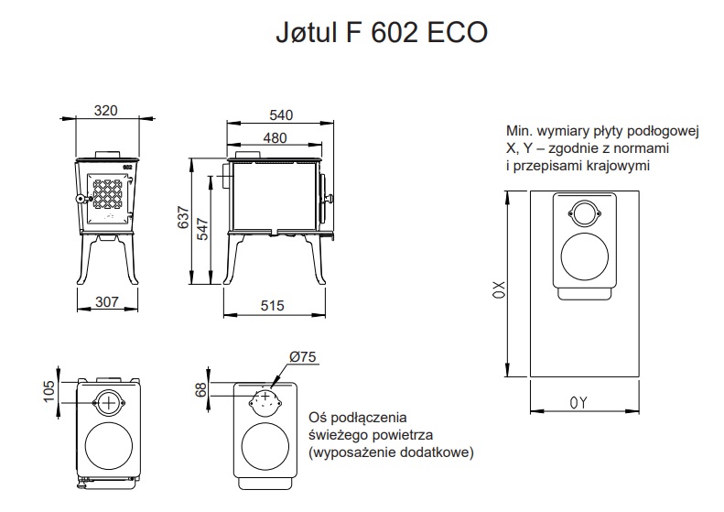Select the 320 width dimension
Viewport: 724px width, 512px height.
click(x=106, y=111)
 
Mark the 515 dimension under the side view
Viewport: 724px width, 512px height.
click(x=272, y=306)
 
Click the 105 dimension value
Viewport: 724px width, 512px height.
click(x=49, y=389)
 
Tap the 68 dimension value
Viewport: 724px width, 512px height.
click(x=201, y=390)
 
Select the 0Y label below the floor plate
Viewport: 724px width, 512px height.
click(x=577, y=402)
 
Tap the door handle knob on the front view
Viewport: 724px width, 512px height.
click(x=81, y=199)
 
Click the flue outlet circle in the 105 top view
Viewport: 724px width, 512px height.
click(x=109, y=400)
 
